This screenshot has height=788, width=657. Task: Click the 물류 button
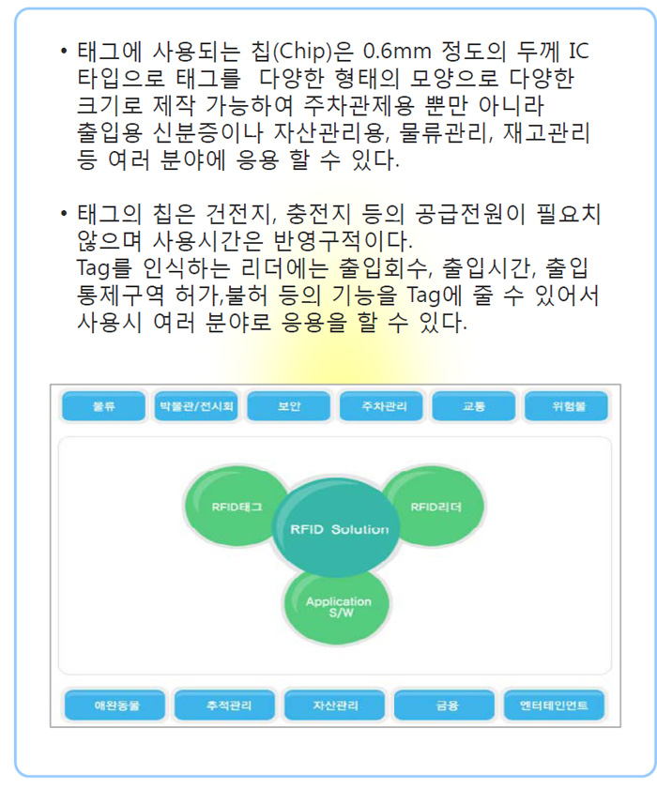tap(103, 406)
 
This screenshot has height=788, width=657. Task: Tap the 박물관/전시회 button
tap(196, 406)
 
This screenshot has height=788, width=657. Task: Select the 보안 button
tap(288, 406)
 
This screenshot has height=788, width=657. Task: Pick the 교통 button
tap(474, 406)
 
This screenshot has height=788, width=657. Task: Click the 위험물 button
tap(566, 406)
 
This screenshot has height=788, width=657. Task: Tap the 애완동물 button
tap(115, 705)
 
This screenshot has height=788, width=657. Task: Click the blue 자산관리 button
tap(335, 705)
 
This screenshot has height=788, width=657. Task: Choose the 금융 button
tap(444, 705)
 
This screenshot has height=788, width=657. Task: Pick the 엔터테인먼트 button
tap(554, 705)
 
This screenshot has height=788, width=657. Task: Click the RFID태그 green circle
tap(236, 507)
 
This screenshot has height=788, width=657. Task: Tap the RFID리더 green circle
tap(435, 507)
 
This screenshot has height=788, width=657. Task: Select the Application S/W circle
tap(337, 606)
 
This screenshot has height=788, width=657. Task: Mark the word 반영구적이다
tap(343, 241)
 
